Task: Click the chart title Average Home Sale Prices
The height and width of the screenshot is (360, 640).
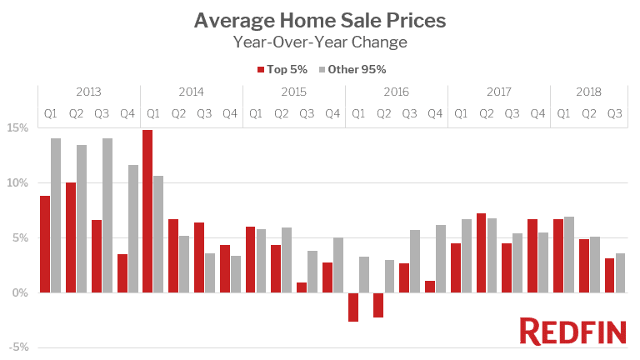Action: click(320, 19)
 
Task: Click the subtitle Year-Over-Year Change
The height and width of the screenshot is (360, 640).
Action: click(320, 42)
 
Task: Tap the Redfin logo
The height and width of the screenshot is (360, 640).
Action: click(572, 331)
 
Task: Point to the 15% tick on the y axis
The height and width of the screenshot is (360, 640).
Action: click(18, 128)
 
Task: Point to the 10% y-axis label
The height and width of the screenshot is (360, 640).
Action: click(18, 183)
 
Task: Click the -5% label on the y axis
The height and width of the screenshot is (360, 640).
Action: click(18, 347)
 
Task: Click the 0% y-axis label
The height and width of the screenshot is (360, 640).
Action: click(21, 293)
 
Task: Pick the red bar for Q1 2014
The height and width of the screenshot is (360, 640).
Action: click(147, 211)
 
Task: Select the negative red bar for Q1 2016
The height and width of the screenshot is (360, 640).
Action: click(352, 307)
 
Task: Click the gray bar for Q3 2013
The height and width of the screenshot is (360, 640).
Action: click(107, 215)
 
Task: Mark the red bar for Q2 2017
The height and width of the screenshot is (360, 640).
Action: click(481, 252)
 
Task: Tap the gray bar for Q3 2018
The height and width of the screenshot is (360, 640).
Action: click(620, 272)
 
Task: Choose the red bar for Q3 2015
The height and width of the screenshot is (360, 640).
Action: click(302, 287)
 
